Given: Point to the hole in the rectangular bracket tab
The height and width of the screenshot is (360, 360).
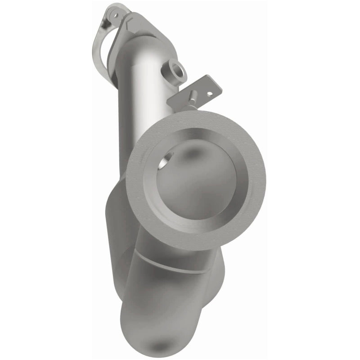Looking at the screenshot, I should click(x=209, y=94).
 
